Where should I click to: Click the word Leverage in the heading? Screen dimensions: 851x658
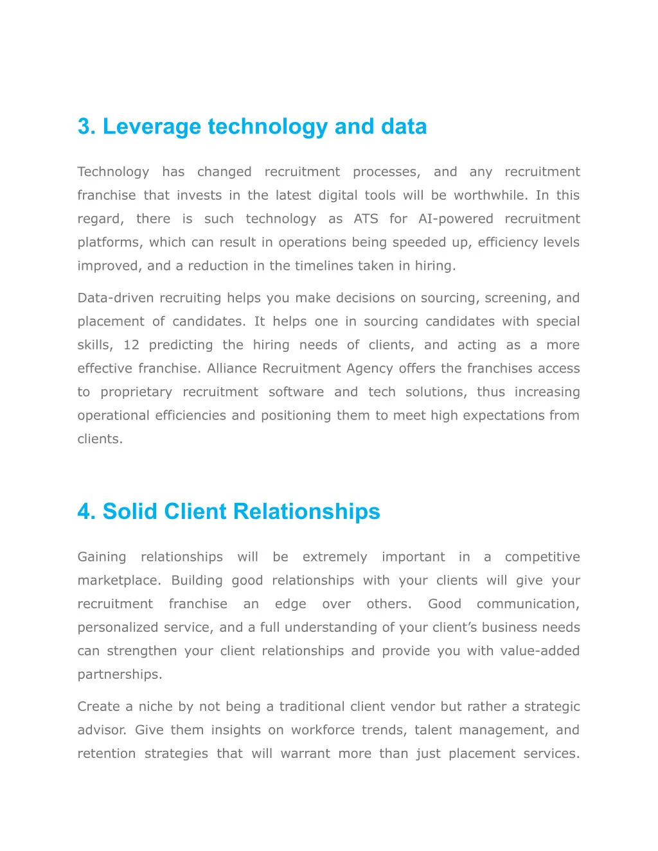tap(152, 127)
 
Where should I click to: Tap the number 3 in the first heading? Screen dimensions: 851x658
tap(84, 127)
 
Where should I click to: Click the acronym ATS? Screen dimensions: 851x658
tap(366, 219)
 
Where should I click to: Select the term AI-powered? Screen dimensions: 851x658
tap(456, 219)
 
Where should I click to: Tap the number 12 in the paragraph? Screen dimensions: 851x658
tap(131, 345)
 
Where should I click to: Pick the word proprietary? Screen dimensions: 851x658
tap(136, 392)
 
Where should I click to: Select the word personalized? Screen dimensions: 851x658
tap(118, 627)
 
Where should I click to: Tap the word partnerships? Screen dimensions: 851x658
tap(120, 674)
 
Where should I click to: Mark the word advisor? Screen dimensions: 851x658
tap(102, 730)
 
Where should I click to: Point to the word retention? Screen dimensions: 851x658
tap(107, 753)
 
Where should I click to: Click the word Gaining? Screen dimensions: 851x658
tap(102, 557)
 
